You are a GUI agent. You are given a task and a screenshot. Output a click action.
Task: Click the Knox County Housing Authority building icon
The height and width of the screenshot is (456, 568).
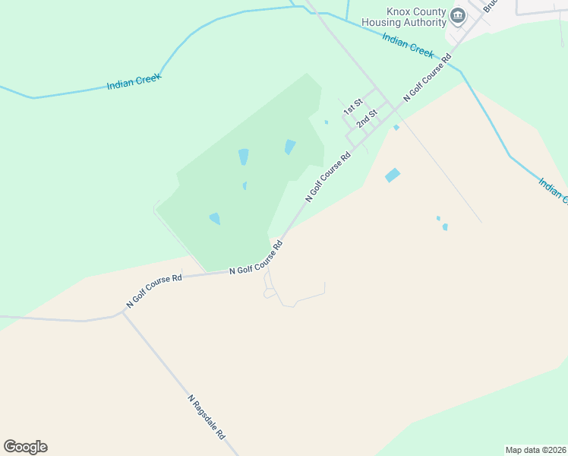coord(458,15)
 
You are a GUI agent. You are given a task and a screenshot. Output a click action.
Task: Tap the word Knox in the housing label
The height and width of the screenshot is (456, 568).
coord(397,12)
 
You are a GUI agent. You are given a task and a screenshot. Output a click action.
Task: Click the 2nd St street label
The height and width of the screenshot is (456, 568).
coord(367,119)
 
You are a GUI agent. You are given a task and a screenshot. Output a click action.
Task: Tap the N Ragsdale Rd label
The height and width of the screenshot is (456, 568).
coord(207,417)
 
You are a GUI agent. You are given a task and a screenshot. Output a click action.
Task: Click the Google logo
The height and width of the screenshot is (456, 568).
coord(25,447)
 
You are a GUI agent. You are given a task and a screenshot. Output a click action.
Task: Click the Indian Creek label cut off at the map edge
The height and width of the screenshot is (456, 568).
coord(553,191)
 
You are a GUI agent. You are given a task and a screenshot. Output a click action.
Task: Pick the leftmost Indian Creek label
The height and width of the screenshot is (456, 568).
coord(134,81)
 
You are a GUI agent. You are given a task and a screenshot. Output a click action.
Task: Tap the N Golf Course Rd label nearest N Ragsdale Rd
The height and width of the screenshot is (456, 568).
coord(154,290)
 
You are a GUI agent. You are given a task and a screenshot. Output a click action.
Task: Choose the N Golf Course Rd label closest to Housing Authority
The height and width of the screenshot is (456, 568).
coord(427,78)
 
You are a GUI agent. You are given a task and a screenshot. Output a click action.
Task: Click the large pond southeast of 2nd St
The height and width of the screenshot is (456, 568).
coord(393,175)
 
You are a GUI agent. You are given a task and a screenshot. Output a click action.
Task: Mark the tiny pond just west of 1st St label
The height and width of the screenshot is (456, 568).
coord(327,122)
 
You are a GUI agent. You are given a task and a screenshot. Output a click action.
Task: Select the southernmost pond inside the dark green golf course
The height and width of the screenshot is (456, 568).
coord(215,219)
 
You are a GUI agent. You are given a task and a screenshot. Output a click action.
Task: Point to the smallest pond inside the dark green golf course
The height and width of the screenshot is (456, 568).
coord(245,185)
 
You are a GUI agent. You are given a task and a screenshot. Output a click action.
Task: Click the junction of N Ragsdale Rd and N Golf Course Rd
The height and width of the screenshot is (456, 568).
coord(123,311)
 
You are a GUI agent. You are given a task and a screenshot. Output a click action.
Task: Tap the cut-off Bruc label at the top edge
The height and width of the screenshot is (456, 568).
coord(490,5)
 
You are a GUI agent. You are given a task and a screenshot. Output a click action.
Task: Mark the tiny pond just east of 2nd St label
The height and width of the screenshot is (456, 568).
coord(396,128)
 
